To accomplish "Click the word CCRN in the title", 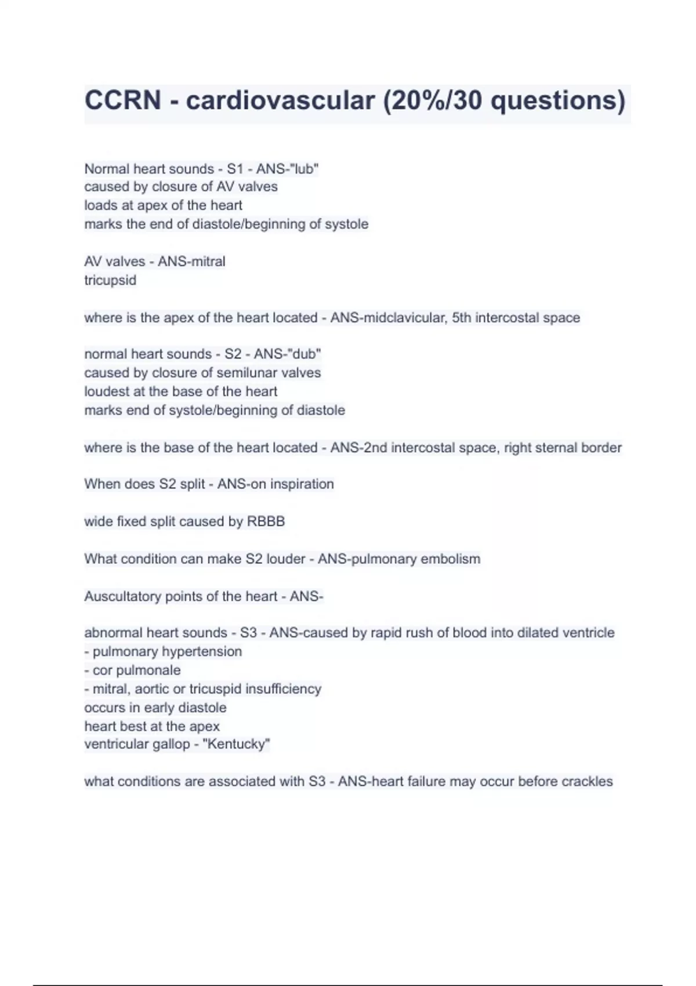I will point(122,100).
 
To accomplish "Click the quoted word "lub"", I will point(303,169).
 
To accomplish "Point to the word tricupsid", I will point(110,280).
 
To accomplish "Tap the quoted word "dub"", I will point(304,354).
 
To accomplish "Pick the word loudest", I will point(107,391).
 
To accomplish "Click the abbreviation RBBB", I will point(266,521).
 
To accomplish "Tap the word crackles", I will point(586,782).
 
